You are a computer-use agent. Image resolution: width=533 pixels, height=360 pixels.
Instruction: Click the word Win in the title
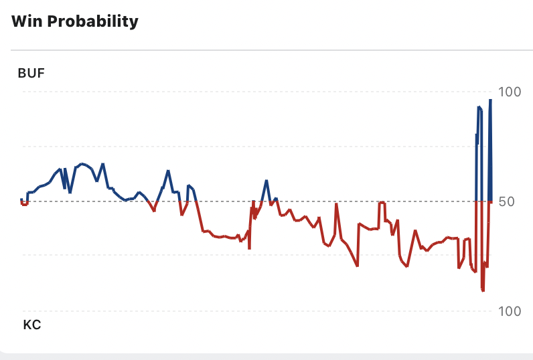(x=26, y=21)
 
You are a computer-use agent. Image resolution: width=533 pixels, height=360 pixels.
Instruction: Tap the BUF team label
(x=31, y=74)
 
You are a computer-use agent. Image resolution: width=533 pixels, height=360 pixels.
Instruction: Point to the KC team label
(x=31, y=326)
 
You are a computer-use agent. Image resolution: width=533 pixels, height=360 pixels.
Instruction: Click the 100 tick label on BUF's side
(x=510, y=92)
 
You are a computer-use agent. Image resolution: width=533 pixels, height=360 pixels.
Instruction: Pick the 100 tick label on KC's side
(x=510, y=311)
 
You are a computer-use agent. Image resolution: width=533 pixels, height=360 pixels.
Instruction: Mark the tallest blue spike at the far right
(x=490, y=102)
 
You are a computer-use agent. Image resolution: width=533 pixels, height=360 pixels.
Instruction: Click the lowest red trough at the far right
(x=483, y=290)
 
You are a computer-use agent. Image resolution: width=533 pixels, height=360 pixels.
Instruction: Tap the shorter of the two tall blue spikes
(x=479, y=108)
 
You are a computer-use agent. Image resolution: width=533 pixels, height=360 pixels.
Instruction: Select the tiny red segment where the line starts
(x=25, y=203)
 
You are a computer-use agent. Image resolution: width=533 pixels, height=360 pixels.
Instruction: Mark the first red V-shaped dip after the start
(x=154, y=210)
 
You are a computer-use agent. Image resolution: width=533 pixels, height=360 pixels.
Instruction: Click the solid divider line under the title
(x=268, y=50)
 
